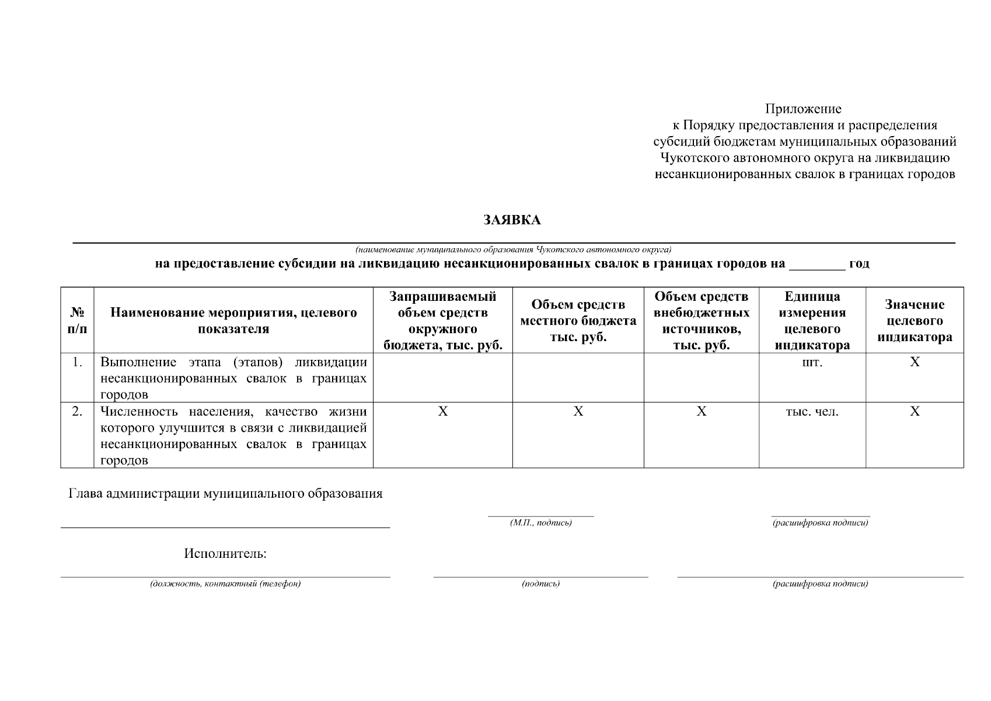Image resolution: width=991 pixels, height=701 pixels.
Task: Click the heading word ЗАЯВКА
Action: click(512, 220)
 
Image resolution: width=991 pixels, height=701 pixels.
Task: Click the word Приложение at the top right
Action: click(804, 109)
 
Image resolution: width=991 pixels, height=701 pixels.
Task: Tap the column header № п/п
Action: click(77, 320)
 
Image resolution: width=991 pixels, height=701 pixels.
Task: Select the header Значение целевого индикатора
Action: click(915, 320)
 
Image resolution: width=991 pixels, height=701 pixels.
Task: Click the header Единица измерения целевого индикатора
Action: click(812, 320)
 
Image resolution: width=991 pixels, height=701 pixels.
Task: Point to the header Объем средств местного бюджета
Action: click(578, 320)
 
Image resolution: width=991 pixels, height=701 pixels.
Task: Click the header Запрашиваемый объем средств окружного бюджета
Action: click(442, 320)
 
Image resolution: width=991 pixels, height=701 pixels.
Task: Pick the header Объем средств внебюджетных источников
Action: click(701, 320)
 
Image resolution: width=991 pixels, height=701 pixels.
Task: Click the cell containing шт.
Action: click(812, 362)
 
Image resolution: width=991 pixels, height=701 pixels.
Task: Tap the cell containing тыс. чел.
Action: click(812, 412)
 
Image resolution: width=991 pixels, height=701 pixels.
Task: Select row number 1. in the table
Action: click(77, 362)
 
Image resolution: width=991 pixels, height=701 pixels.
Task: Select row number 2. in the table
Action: click(77, 412)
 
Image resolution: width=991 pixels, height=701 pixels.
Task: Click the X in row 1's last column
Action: click(915, 362)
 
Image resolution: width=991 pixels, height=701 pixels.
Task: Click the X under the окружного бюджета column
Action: click(443, 412)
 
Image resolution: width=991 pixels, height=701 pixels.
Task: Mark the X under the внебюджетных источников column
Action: click(702, 412)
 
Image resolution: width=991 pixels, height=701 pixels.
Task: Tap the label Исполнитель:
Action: click(225, 553)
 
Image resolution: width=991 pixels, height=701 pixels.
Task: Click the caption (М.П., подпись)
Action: click(540, 523)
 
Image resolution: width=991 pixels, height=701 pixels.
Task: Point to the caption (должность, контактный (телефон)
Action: click(225, 584)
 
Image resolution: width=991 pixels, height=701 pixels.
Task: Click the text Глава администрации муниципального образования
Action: click(225, 494)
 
